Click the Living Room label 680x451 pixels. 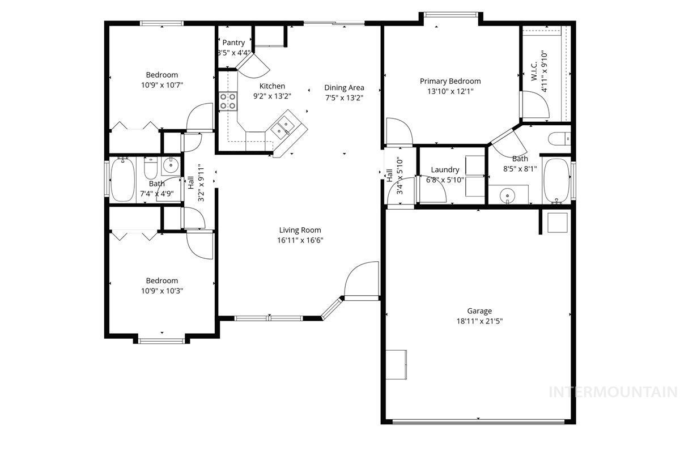click(300, 230)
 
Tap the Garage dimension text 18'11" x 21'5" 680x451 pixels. click(479, 321)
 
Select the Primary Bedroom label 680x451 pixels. click(450, 81)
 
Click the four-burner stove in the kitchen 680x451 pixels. click(228, 101)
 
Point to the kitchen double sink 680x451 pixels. click(283, 127)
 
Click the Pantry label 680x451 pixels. click(233, 42)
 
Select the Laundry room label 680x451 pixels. click(445, 169)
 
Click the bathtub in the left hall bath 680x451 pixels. click(122, 180)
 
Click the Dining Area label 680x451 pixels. click(344, 88)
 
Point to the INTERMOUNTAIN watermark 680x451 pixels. click(614, 392)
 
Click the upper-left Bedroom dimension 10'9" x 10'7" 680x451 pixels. click(162, 85)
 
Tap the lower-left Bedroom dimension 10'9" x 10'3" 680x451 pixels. click(162, 291)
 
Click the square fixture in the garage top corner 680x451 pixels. click(558, 222)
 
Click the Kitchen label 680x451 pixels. click(272, 86)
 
